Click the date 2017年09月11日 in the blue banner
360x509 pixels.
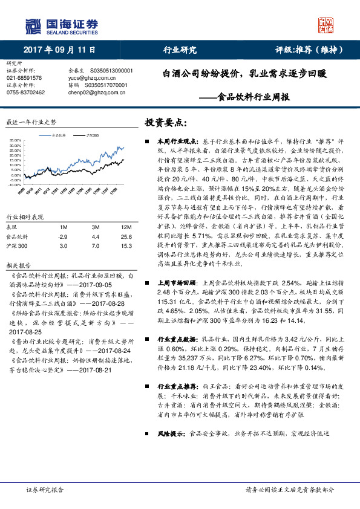point(54,50)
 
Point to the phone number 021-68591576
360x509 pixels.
point(25,78)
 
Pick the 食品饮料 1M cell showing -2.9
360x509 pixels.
point(63,236)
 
